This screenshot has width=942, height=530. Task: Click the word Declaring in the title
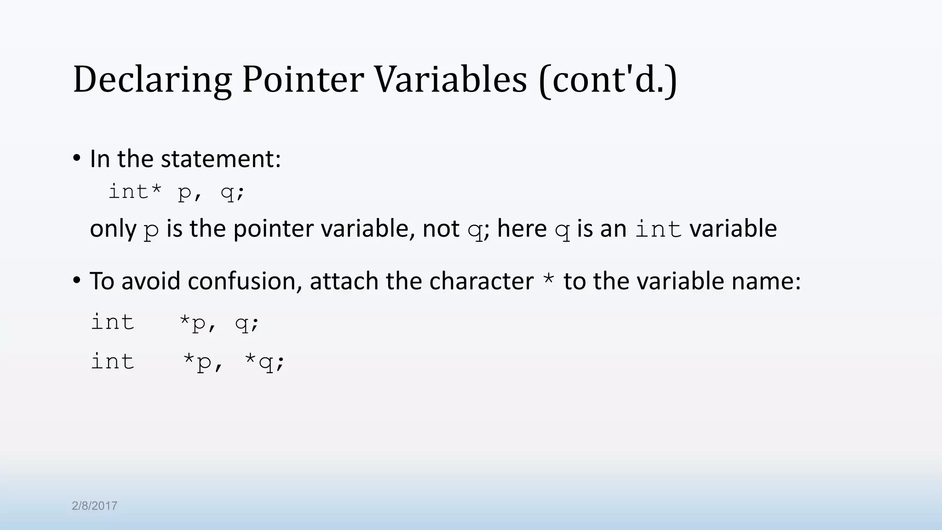tap(152, 80)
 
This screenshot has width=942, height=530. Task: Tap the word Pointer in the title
tap(303, 80)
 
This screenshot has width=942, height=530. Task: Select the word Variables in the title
tap(450, 80)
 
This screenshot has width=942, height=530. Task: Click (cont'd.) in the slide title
tap(608, 80)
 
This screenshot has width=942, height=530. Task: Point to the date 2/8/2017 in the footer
tap(95, 506)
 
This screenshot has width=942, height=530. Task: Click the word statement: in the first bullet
tap(221, 159)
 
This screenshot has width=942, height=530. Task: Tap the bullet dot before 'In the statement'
tap(76, 159)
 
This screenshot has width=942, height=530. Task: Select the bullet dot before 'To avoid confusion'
tap(76, 280)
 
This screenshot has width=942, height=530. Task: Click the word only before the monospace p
tap(113, 229)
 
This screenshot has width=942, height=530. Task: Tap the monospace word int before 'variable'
tap(658, 229)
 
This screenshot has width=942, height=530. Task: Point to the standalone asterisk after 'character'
tap(548, 280)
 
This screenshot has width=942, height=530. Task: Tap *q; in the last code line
tap(264, 362)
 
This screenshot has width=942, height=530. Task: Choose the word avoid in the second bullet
tap(150, 281)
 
